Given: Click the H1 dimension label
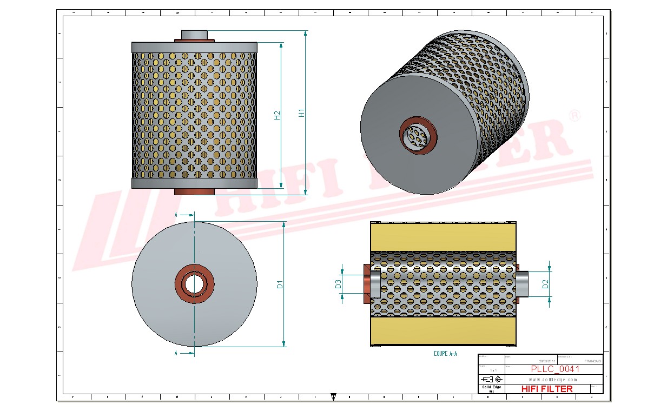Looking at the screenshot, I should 302,112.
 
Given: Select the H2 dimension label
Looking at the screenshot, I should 278,115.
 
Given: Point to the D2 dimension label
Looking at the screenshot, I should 545,283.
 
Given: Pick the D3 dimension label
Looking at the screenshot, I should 338,283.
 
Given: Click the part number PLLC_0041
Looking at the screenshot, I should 555,369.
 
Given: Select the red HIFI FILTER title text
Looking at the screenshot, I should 546,389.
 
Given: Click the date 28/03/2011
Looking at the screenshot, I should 547,361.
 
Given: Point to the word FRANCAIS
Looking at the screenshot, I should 593,361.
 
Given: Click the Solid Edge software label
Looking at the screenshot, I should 491,387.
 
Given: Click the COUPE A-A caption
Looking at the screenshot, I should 445,353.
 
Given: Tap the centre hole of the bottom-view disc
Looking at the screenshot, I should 194,283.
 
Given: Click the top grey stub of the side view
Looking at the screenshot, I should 194,35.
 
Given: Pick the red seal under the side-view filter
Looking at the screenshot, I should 194,191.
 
